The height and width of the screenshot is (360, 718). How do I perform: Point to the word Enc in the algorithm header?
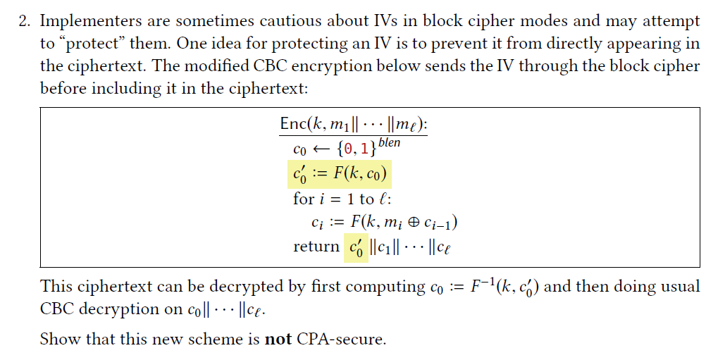[292, 124]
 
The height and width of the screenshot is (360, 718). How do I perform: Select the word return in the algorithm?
[316, 247]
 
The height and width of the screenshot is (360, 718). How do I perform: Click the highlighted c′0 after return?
[355, 248]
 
